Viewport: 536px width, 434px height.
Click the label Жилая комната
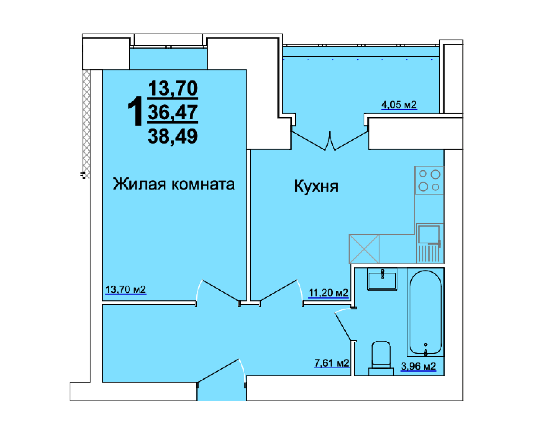174,184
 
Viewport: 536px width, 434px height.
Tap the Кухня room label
316,186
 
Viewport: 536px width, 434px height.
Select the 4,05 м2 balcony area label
399,105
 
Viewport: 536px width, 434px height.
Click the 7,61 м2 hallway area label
331,363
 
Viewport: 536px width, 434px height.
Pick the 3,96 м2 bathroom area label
418,366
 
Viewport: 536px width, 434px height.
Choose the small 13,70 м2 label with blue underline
125,290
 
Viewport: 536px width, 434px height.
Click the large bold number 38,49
173,136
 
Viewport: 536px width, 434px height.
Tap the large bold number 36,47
173,112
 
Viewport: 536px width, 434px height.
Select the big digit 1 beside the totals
135,111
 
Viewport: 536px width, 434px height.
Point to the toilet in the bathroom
381,358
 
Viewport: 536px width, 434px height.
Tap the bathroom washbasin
382,279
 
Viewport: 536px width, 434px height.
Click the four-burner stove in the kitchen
429,180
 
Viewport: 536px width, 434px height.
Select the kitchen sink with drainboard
430,243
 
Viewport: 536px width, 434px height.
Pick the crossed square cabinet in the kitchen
364,249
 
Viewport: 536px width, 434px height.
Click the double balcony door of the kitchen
330,141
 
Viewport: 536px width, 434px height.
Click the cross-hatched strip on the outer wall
86,124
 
